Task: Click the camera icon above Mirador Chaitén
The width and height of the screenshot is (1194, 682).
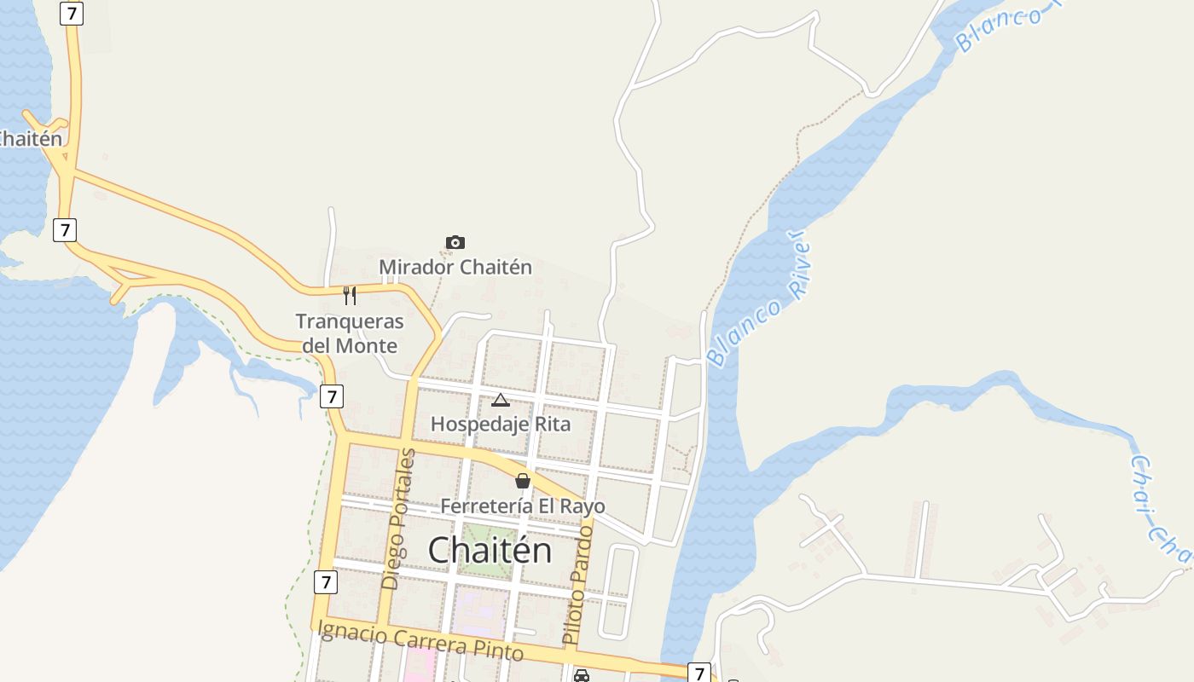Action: pyautogui.click(x=455, y=243)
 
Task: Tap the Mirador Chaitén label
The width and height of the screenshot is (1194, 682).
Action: pyautogui.click(x=455, y=267)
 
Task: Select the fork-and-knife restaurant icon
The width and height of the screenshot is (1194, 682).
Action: pyautogui.click(x=350, y=296)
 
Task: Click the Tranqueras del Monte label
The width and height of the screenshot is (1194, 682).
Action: pyautogui.click(x=350, y=333)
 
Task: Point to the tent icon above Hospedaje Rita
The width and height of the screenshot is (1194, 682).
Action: pyautogui.click(x=501, y=400)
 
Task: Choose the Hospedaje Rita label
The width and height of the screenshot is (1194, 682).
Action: pyautogui.click(x=501, y=424)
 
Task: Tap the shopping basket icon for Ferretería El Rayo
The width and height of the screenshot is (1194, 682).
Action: pyautogui.click(x=523, y=482)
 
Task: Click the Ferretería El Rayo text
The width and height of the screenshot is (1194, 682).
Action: pyautogui.click(x=523, y=506)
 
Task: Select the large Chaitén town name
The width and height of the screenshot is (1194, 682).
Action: pyautogui.click(x=490, y=550)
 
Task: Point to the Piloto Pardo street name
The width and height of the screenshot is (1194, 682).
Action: pyautogui.click(x=577, y=584)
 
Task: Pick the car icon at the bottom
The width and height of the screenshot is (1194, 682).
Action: pyautogui.click(x=582, y=675)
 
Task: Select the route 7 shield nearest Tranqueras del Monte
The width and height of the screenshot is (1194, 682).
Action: pyautogui.click(x=332, y=396)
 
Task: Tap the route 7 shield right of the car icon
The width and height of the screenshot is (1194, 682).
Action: pyautogui.click(x=699, y=673)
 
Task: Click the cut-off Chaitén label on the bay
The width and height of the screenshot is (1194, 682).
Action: pyautogui.click(x=31, y=138)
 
